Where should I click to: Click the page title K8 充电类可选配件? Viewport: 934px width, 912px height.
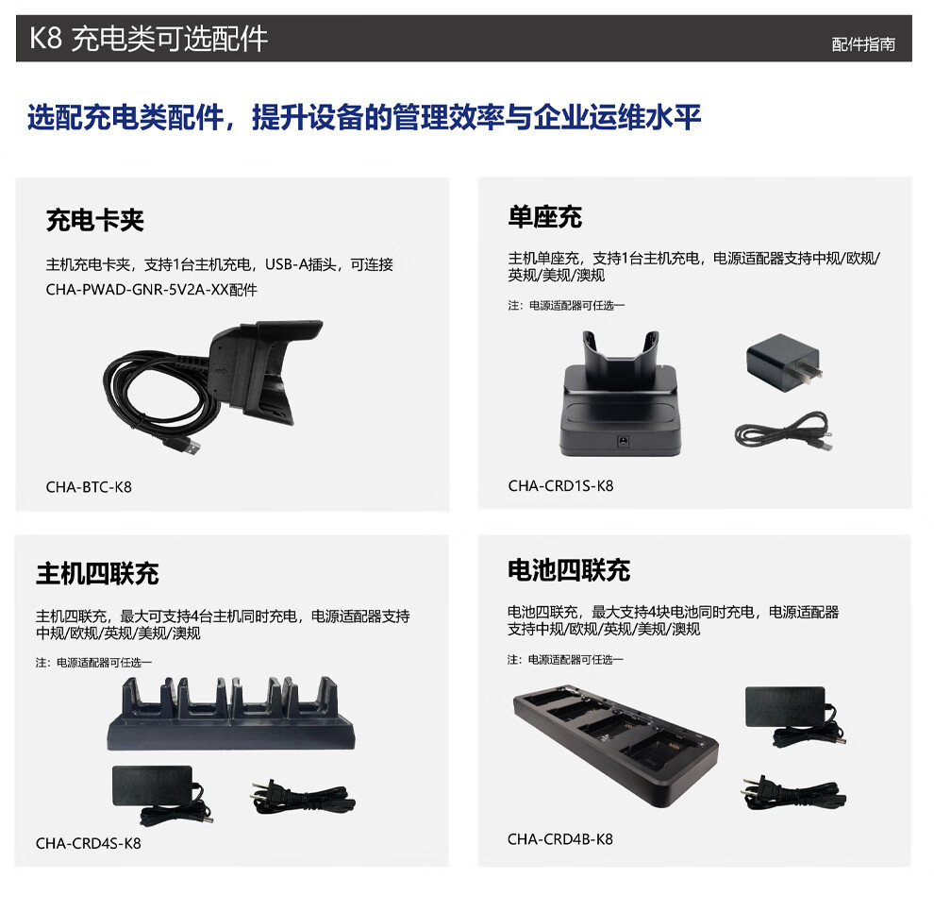(148, 39)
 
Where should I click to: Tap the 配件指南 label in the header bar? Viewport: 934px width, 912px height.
(863, 44)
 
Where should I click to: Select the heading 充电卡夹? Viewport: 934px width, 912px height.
(94, 220)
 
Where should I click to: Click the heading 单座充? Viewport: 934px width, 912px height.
(544, 216)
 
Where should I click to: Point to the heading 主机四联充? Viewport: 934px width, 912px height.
(97, 573)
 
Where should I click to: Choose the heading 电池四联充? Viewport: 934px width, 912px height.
(569, 570)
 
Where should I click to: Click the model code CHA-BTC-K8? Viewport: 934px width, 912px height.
(89, 487)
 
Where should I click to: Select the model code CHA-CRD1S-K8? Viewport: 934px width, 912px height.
(560, 486)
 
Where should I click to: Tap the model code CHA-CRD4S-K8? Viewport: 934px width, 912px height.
(88, 843)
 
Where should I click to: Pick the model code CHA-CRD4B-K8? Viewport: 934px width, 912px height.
(559, 839)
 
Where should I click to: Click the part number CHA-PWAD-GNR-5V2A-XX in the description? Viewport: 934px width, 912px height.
(137, 290)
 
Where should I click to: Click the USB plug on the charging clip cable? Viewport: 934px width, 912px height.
(184, 446)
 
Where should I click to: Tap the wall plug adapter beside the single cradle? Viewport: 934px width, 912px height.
(785, 363)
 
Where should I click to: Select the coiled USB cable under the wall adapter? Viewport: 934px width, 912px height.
(784, 431)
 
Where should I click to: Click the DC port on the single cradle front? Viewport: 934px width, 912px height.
(623, 441)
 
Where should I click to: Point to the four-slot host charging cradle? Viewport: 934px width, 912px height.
(231, 713)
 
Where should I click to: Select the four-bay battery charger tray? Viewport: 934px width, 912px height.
(616, 748)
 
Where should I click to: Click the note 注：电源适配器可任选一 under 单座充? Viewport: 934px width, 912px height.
(566, 306)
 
